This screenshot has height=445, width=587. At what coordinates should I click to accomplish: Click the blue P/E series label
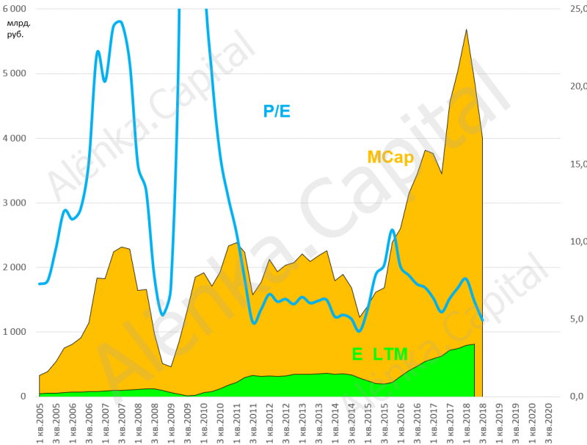[277, 112]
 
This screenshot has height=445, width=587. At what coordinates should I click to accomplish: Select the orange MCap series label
[390, 157]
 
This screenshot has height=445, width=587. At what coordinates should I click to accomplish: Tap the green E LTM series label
[379, 354]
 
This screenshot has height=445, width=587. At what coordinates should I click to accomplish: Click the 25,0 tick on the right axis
[577, 9]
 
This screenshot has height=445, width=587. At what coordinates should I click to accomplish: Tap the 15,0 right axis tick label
[577, 164]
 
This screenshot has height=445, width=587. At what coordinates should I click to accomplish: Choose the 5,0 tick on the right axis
[577, 319]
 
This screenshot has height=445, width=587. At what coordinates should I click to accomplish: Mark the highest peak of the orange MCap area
[467, 29]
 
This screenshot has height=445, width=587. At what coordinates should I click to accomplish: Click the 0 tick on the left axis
[23, 397]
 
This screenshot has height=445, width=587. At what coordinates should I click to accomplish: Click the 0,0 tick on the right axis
[577, 397]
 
